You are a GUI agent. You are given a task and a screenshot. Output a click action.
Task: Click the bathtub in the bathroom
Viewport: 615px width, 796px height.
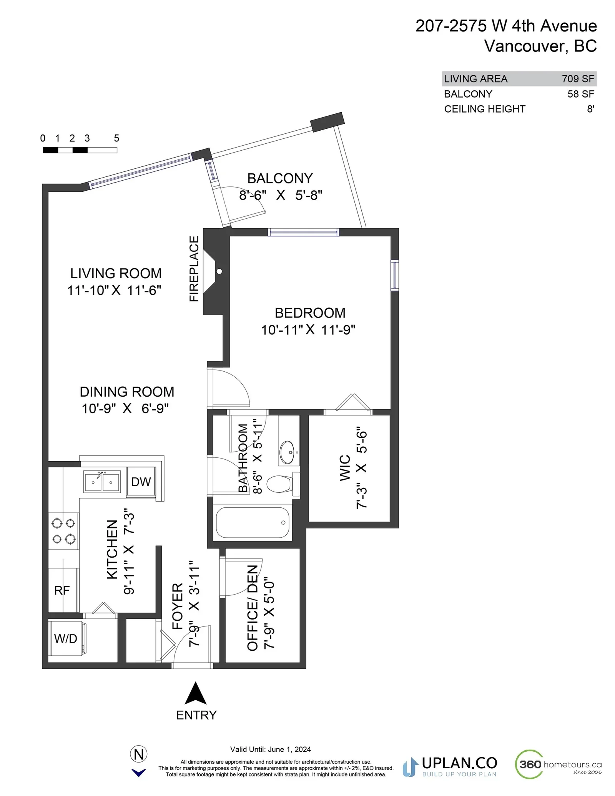(252, 523)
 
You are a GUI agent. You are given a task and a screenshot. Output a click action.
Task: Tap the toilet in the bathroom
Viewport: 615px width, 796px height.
(283, 484)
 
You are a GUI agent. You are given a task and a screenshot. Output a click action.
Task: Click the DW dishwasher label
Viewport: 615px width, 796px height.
(141, 482)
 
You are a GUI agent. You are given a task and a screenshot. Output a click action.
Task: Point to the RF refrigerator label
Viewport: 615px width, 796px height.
(62, 590)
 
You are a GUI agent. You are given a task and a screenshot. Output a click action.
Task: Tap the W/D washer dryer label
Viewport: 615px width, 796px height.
(66, 638)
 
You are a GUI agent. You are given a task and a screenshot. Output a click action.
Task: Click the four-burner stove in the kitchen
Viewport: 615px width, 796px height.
(63, 531)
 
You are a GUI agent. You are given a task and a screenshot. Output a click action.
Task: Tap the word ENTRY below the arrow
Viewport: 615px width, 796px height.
(196, 715)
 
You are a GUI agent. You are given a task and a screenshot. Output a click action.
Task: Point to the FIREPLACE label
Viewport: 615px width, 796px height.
(194, 269)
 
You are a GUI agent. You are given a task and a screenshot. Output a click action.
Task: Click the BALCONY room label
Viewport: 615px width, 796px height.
(280, 178)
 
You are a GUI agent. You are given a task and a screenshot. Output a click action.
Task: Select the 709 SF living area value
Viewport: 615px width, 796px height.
(578, 79)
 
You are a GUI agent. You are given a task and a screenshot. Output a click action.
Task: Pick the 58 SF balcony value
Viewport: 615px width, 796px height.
(581, 94)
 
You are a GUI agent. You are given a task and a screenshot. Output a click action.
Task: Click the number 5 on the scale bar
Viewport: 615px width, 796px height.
(116, 138)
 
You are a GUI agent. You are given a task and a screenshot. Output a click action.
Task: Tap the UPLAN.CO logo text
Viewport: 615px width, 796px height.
(460, 763)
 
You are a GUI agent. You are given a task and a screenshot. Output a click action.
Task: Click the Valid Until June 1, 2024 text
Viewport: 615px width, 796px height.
(270, 749)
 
